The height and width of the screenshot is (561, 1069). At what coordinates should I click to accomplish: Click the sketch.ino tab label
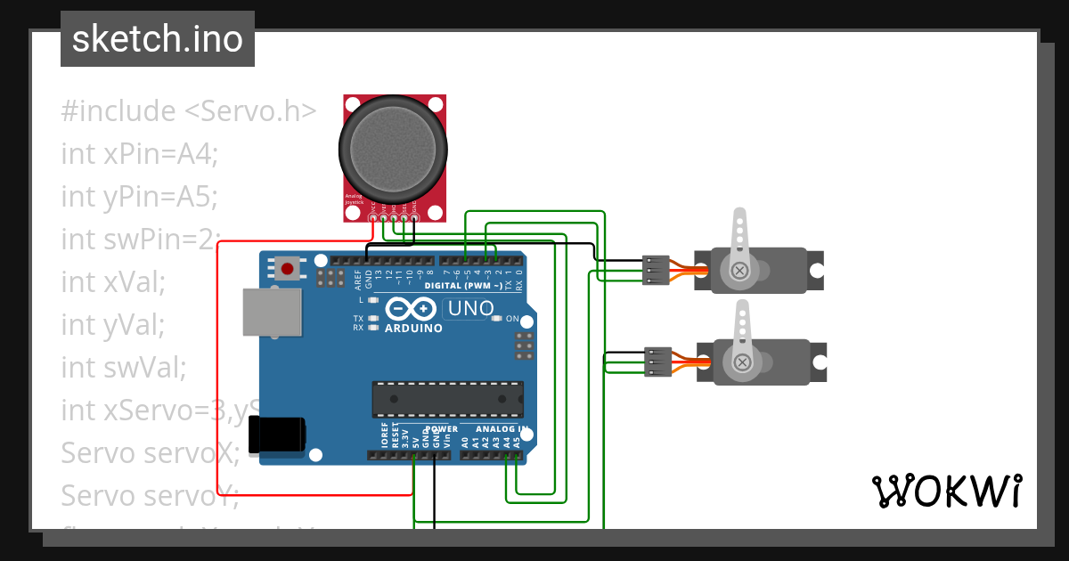pyautogui.click(x=157, y=39)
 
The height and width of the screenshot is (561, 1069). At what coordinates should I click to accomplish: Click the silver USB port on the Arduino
pyautogui.click(x=272, y=312)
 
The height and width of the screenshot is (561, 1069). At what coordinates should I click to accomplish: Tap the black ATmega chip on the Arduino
pyautogui.click(x=447, y=399)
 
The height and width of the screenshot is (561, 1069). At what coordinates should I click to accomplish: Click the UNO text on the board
pyautogui.click(x=469, y=309)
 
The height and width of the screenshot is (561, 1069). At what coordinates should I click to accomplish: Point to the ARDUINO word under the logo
pyautogui.click(x=413, y=329)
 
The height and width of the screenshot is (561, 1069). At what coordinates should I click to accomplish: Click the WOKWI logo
pyautogui.click(x=946, y=491)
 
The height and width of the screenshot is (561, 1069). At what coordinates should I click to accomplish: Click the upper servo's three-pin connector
pyautogui.click(x=656, y=270)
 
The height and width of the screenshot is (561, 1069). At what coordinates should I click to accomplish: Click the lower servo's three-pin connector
pyautogui.click(x=658, y=362)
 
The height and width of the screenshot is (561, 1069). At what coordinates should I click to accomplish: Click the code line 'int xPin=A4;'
pyautogui.click(x=139, y=153)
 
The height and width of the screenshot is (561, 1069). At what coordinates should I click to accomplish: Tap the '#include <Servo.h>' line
pyautogui.click(x=189, y=111)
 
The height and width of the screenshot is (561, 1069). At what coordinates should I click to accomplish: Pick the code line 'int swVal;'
pyautogui.click(x=123, y=366)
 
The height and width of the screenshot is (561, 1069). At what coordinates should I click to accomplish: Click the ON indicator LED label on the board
pyautogui.click(x=511, y=318)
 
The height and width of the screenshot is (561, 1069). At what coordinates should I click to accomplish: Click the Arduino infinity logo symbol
pyautogui.click(x=413, y=309)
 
